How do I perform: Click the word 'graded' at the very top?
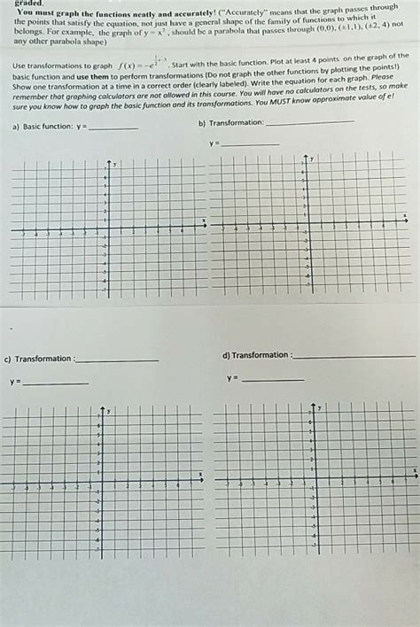click(x=29, y=4)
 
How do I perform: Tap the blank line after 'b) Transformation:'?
click(x=309, y=122)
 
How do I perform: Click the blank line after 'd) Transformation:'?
click(x=353, y=356)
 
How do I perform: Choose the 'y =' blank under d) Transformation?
click(x=272, y=380)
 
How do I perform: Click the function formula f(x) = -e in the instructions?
click(x=142, y=65)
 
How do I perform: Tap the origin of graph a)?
click(x=108, y=228)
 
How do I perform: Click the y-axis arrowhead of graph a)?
click(x=108, y=162)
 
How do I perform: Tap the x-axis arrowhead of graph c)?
click(x=203, y=480)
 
